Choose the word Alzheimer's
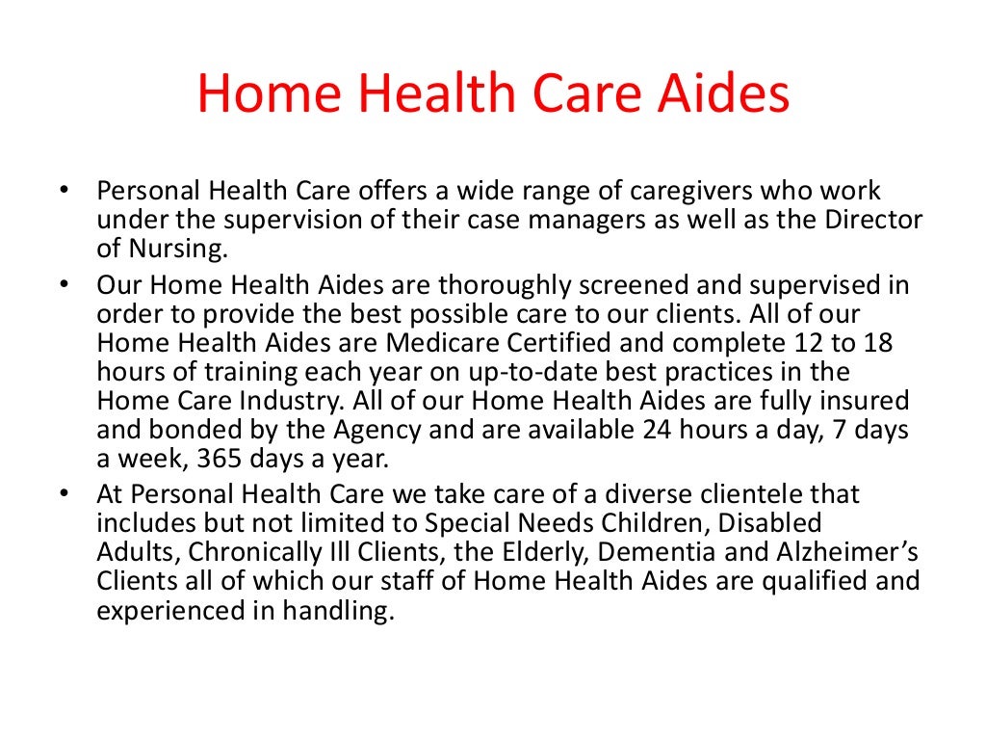coord(860,553)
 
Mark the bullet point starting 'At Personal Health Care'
coord(65,495)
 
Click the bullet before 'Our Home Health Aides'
coord(65,286)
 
